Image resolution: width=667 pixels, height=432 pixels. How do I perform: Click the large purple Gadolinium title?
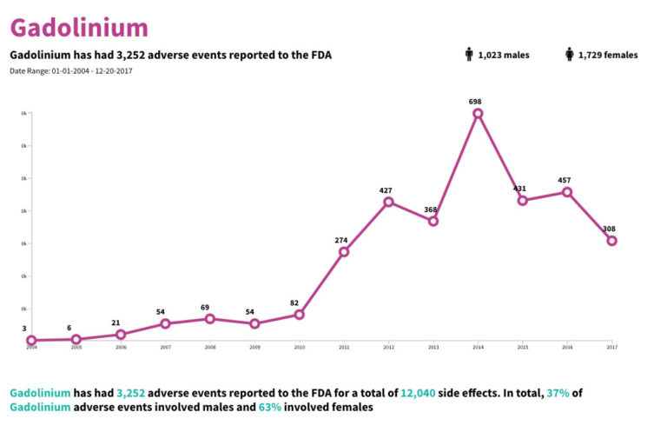pos(79,27)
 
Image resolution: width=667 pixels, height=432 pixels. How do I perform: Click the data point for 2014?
pos(478,114)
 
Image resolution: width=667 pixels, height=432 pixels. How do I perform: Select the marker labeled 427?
pos(388,202)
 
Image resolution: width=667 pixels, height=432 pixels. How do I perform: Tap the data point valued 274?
pos(344,252)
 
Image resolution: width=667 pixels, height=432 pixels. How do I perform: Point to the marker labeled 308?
pos(611,241)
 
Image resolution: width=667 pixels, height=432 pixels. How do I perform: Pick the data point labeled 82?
pos(299,315)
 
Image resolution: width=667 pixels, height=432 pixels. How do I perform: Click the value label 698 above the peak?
pos(475,102)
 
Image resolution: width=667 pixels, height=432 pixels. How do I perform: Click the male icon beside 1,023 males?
pos(469,55)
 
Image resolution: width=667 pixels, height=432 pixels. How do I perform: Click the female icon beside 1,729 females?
pos(570,55)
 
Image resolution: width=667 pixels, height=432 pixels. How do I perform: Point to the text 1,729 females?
pos(608,56)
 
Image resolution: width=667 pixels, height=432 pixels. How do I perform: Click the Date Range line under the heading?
pos(71,70)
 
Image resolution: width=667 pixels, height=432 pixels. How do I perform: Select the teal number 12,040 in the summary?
pos(421,393)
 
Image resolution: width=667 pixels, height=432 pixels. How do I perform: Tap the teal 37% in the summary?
pos(558,393)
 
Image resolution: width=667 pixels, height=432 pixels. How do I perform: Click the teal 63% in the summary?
pos(270,407)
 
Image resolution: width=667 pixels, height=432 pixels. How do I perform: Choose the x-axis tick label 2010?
pos(299,348)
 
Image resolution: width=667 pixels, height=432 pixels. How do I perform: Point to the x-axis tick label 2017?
pos(611,348)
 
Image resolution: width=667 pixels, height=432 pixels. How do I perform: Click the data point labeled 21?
pos(121,335)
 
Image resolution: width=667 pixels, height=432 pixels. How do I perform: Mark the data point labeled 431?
pos(522,201)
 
